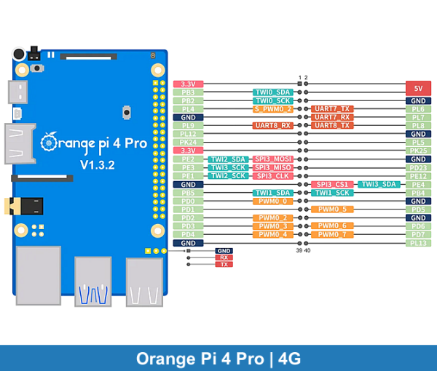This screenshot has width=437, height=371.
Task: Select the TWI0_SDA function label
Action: click(273, 93)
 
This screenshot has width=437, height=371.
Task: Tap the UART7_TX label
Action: click(332, 109)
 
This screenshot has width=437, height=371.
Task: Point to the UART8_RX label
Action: click(273, 125)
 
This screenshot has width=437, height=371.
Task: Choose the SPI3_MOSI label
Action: click(273, 159)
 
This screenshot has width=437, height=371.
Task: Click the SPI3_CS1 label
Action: click(332, 184)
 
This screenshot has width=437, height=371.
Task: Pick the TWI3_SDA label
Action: click(379, 184)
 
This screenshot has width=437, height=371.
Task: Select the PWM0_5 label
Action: click(332, 210)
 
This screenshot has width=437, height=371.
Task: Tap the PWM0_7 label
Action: click(332, 234)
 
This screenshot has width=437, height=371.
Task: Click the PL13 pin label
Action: click(418, 243)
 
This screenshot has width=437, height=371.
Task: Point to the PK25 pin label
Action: click(418, 151)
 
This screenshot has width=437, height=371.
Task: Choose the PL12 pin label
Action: click(188, 134)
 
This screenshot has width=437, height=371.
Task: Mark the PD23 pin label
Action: click(418, 167)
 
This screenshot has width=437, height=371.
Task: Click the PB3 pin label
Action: click(188, 92)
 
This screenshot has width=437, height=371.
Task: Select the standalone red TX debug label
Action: click(224, 264)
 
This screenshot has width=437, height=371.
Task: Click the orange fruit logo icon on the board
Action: click(48, 141)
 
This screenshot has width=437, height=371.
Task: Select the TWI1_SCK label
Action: click(332, 193)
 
